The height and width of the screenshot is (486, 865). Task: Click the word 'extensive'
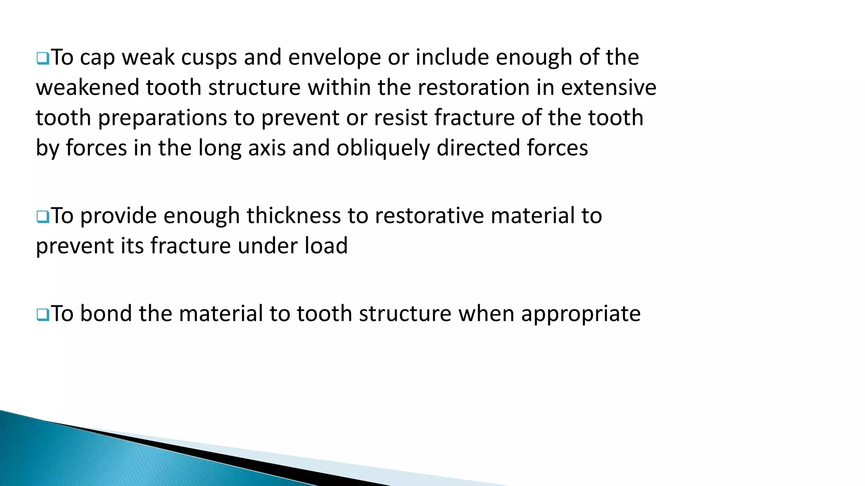click(609, 88)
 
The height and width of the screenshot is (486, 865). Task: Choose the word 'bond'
click(106, 314)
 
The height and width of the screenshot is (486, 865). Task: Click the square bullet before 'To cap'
click(43, 59)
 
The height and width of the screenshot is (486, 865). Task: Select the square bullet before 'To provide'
click(43, 217)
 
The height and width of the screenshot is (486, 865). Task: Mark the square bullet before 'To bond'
click(43, 315)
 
